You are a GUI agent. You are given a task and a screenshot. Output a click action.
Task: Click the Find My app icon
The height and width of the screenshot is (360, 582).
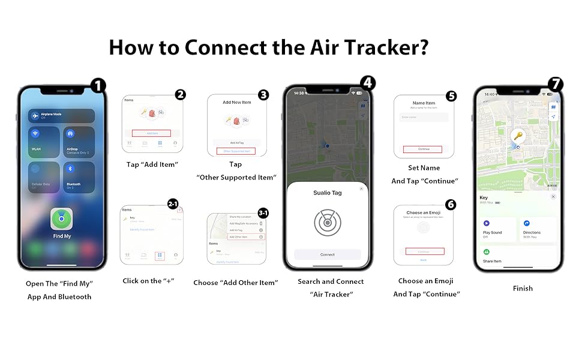[x=61, y=219]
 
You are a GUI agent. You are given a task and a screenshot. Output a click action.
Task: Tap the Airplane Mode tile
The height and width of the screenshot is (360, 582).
[x=61, y=116]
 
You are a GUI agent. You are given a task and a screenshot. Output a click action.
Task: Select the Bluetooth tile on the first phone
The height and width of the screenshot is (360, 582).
[x=79, y=177]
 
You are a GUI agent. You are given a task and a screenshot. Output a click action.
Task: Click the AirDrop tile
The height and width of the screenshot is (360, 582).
[x=79, y=142]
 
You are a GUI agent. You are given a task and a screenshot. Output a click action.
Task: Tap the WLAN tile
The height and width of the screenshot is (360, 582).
[x=44, y=142]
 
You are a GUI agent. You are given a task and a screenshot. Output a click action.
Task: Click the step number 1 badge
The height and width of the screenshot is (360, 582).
[x=97, y=86]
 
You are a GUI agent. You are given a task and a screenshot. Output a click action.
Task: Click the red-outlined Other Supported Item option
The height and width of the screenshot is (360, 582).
[x=236, y=151]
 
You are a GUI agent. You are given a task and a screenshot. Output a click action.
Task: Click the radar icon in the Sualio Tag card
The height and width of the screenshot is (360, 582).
[x=327, y=222]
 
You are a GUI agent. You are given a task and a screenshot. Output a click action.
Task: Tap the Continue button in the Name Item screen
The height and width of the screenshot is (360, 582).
[x=422, y=149]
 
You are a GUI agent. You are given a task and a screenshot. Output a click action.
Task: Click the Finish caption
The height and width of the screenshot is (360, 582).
[x=523, y=288]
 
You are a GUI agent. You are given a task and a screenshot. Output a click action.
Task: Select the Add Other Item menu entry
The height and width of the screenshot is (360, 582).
[x=245, y=237]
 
